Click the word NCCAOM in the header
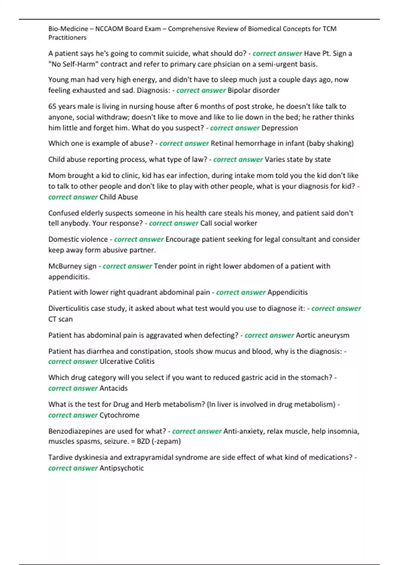(x=109, y=29)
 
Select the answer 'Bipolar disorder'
(x=253, y=90)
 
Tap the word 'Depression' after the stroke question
(x=280, y=128)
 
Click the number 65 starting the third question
(x=52, y=106)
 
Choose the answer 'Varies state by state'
(x=298, y=160)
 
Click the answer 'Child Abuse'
(x=119, y=197)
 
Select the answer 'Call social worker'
(x=229, y=223)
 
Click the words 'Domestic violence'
(x=78, y=239)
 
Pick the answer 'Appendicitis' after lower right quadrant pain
(x=288, y=292)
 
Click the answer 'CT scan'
(x=61, y=319)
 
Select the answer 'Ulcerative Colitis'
(x=127, y=362)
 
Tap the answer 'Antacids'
(x=113, y=388)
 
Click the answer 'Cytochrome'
(x=119, y=415)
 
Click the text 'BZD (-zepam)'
(x=159, y=441)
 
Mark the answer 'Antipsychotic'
(x=122, y=468)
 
